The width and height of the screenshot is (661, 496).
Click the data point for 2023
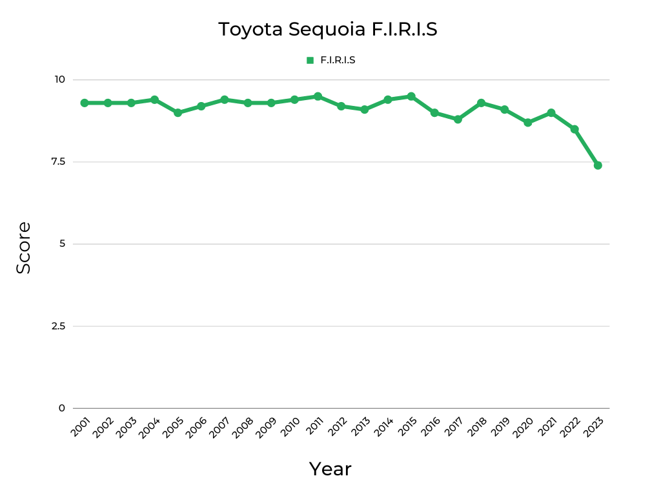coord(598,165)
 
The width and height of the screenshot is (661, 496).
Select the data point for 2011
coord(318,96)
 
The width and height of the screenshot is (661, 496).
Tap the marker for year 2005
coord(178,112)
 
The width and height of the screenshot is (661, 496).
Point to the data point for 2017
coord(458,119)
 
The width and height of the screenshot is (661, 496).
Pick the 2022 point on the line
coord(575,129)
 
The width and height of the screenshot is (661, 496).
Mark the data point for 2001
coord(85,103)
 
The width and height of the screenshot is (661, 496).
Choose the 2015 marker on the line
coord(411,96)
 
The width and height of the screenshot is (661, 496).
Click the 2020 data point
coord(528,123)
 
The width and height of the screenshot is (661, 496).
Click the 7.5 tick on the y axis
coord(59,161)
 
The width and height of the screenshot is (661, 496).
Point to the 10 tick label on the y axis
coord(60,79)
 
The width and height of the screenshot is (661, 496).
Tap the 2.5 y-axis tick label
coord(59,325)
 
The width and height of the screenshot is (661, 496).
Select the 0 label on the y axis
coord(62,408)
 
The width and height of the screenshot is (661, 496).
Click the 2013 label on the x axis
coord(360,428)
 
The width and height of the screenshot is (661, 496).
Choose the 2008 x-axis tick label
coord(243,428)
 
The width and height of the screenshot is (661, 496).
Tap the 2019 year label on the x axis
coord(500,428)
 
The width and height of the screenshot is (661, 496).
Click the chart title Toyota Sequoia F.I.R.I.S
coord(328,30)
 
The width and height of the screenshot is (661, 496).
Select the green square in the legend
coord(310,60)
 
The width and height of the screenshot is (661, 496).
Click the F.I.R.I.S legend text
coord(338,60)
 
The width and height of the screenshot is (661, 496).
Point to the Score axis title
coord(23,247)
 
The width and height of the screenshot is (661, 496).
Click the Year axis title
coord(330,469)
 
